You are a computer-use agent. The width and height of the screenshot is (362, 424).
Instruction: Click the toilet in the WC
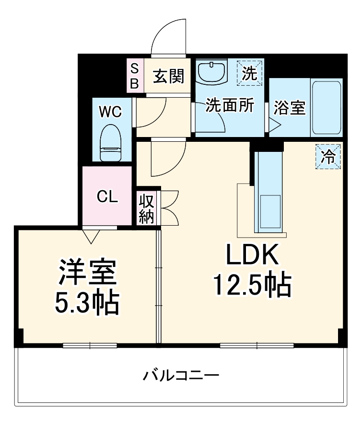111,143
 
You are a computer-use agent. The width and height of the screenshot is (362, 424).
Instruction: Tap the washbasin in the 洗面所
211,72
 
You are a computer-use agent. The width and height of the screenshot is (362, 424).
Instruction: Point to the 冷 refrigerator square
328,156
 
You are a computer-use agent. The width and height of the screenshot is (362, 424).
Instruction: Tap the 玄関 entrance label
168,76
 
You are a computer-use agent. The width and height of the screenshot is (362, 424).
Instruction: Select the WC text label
110,112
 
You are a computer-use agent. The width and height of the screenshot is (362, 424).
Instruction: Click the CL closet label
107,196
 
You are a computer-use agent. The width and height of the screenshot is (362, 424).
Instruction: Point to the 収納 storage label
146,209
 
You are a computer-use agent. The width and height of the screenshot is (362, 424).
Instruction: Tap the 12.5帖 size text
252,286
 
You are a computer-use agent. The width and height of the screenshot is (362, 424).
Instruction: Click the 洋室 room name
87,272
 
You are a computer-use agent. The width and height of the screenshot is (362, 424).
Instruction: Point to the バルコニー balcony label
181,374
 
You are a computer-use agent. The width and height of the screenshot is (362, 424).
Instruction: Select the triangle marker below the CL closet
91,235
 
